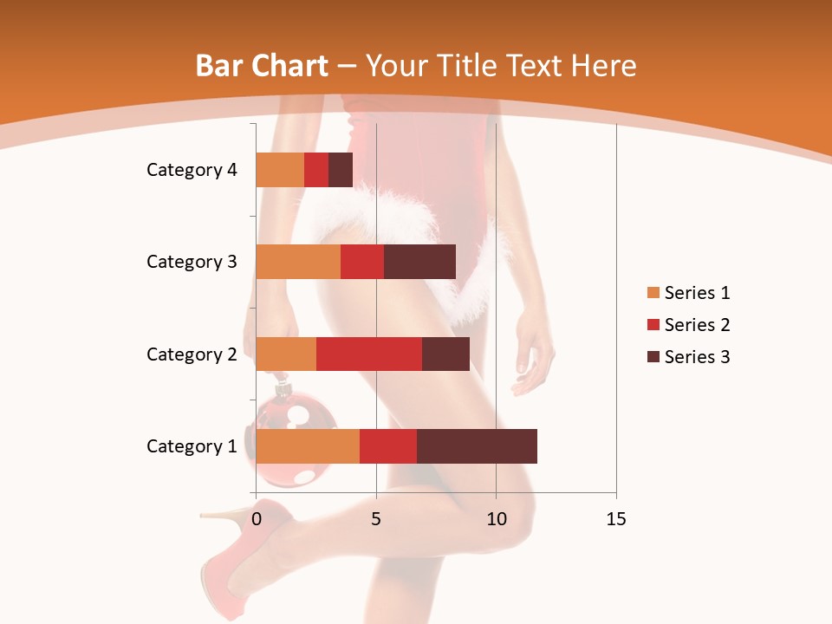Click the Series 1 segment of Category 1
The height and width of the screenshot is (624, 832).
coord(307,446)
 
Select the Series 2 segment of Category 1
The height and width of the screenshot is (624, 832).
coord(387,446)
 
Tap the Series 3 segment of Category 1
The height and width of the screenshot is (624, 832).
coord(477,446)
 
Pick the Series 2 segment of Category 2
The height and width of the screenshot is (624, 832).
coord(368,354)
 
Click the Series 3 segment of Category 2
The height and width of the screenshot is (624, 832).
coord(445,354)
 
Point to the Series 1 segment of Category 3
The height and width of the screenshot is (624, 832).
coord(297,262)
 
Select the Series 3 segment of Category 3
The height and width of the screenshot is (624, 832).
coord(419,262)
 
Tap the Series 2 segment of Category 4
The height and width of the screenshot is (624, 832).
coord(316,170)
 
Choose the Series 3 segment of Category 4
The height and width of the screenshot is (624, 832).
coord(341,170)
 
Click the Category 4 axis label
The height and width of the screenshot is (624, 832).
coord(191,170)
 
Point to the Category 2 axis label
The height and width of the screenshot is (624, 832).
coord(191,354)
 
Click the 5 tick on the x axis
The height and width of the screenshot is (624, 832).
coord(376,519)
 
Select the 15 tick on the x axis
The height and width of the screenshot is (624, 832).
coord(615,519)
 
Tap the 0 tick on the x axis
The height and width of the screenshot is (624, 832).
coord(256,519)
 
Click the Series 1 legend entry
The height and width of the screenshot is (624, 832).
coord(688,293)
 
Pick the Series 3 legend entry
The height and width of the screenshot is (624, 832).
coord(688,357)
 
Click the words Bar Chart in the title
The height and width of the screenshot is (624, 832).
coord(262,66)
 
